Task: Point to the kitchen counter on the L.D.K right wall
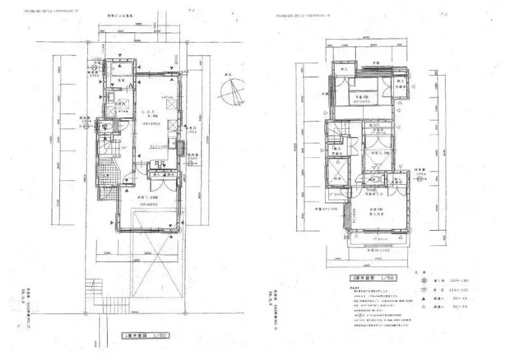click(x=173, y=134)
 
